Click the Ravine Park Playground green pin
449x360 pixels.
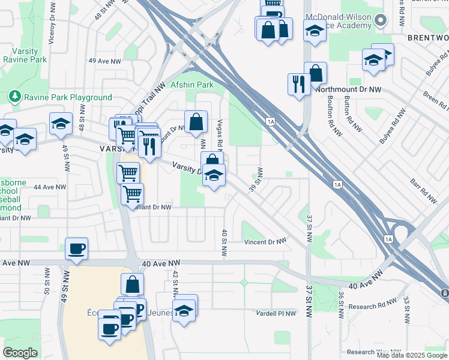coord(14,97)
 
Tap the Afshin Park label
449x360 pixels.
coord(192,85)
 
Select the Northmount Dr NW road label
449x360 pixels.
coord(348,89)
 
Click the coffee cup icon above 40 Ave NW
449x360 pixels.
coord(76,248)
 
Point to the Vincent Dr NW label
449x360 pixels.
coord(265,242)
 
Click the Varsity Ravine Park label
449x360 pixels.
coord(25,55)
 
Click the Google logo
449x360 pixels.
coord(20,352)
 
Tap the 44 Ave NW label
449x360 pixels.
coord(49,187)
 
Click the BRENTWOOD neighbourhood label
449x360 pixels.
coord(427,37)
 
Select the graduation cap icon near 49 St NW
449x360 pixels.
coord(61,124)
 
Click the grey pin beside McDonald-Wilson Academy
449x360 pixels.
coord(380,21)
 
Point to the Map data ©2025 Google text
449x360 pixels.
coord(411,355)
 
